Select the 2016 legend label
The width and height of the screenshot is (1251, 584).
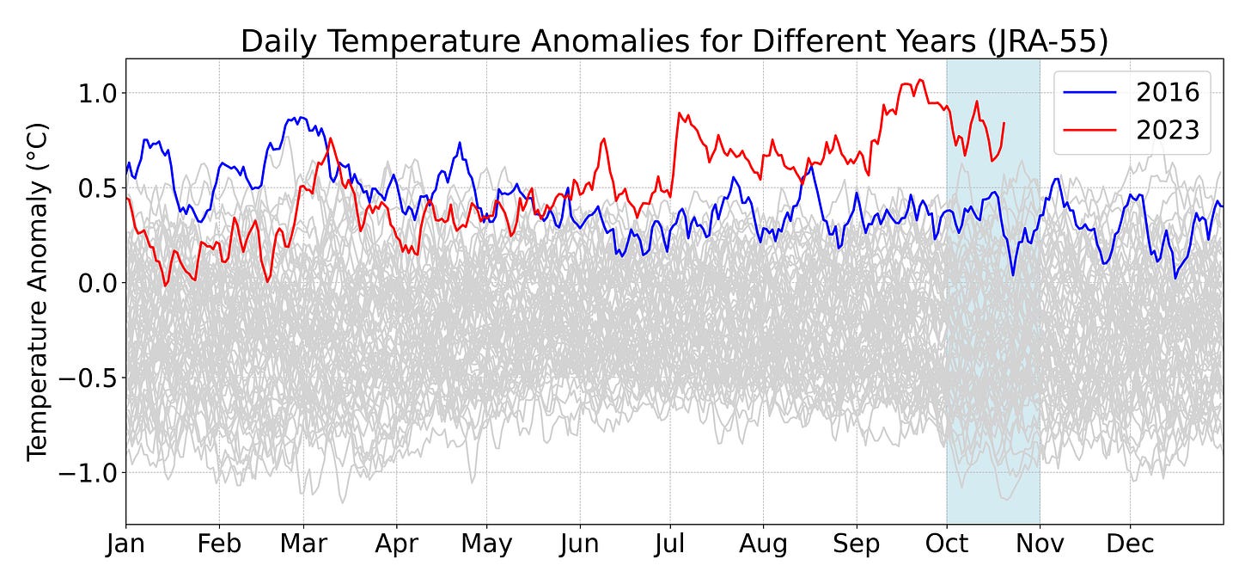tap(1168, 92)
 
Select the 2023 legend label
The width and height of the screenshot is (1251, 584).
tap(1168, 130)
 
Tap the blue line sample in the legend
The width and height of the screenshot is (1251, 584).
tap(1090, 92)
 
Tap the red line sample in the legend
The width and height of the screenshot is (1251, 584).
tap(1090, 130)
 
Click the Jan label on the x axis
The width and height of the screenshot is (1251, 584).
tap(126, 544)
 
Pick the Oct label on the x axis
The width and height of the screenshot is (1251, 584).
tap(946, 544)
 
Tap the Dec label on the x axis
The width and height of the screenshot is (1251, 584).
tap(1130, 544)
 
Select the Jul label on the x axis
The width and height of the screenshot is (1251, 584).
tap(669, 544)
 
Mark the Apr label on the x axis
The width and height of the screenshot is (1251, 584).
tap(396, 544)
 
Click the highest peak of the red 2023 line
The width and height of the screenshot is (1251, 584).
tap(921, 80)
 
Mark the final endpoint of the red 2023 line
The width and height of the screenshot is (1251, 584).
tap(1004, 123)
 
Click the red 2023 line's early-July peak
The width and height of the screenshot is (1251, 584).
tap(679, 113)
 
